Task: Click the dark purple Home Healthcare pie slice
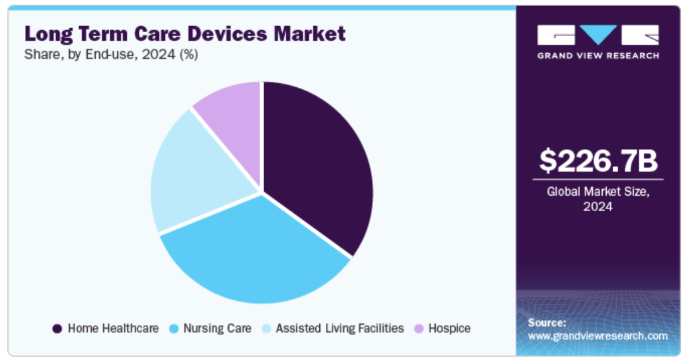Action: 315,161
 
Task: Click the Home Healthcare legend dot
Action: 57,328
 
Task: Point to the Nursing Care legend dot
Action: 174,328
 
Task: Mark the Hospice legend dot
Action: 419,328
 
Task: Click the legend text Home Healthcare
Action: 113,328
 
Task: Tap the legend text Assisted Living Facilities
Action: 340,328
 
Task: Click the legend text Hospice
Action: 450,328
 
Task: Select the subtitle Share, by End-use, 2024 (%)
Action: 111,56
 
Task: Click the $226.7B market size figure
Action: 598,161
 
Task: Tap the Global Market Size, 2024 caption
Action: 598,199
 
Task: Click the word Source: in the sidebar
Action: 547,322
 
